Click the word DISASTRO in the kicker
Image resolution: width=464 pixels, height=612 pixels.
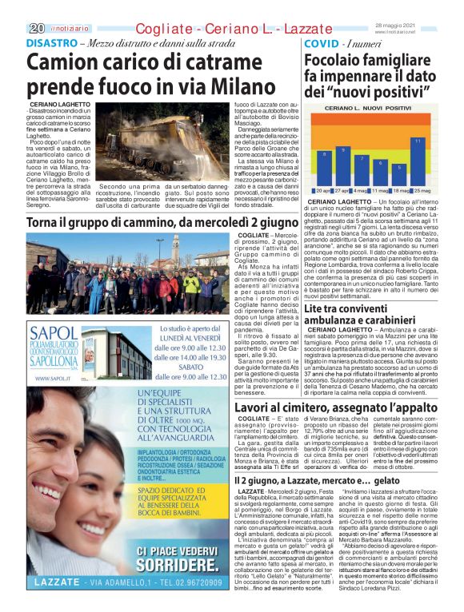point(50,42)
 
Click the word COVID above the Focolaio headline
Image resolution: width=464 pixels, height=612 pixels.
point(322,42)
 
